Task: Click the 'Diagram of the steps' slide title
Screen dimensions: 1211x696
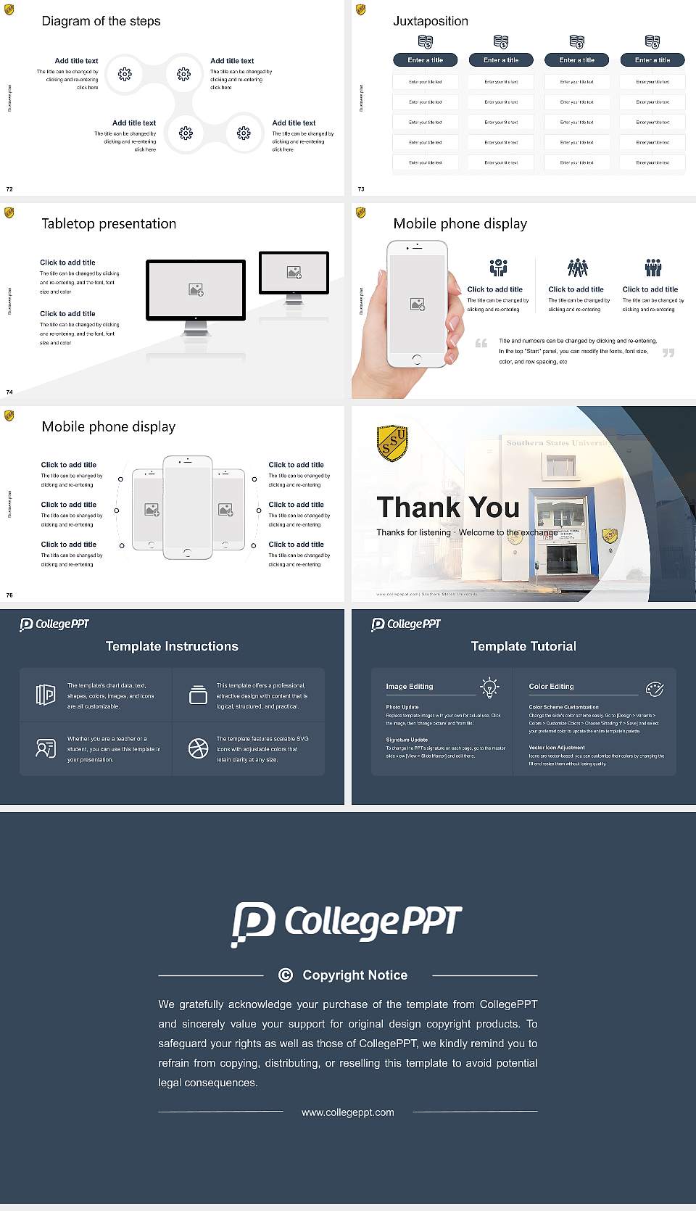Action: [101, 21]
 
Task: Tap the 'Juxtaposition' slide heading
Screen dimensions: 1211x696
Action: [430, 21]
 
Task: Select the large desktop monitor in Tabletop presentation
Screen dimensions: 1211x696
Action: [196, 290]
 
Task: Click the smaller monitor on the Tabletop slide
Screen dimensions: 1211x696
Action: [294, 273]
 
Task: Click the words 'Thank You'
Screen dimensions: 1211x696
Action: [448, 508]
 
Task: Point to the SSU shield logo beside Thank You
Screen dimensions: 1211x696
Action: [392, 443]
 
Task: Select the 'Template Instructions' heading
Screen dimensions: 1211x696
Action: [172, 646]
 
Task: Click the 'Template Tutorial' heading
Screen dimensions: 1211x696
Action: [523, 646]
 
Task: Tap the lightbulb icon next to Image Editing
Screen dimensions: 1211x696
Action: [489, 687]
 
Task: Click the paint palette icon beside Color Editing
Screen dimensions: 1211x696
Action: [655, 689]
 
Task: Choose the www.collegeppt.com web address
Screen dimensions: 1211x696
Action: [348, 1112]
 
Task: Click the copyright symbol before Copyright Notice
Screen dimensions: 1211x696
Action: [286, 975]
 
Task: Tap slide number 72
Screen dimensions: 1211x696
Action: [9, 189]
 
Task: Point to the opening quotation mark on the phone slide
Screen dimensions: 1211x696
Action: [481, 343]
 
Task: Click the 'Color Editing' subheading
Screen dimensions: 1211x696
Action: [551, 686]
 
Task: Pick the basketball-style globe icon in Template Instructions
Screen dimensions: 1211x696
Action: [198, 748]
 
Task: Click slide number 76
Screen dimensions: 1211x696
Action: [9, 595]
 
